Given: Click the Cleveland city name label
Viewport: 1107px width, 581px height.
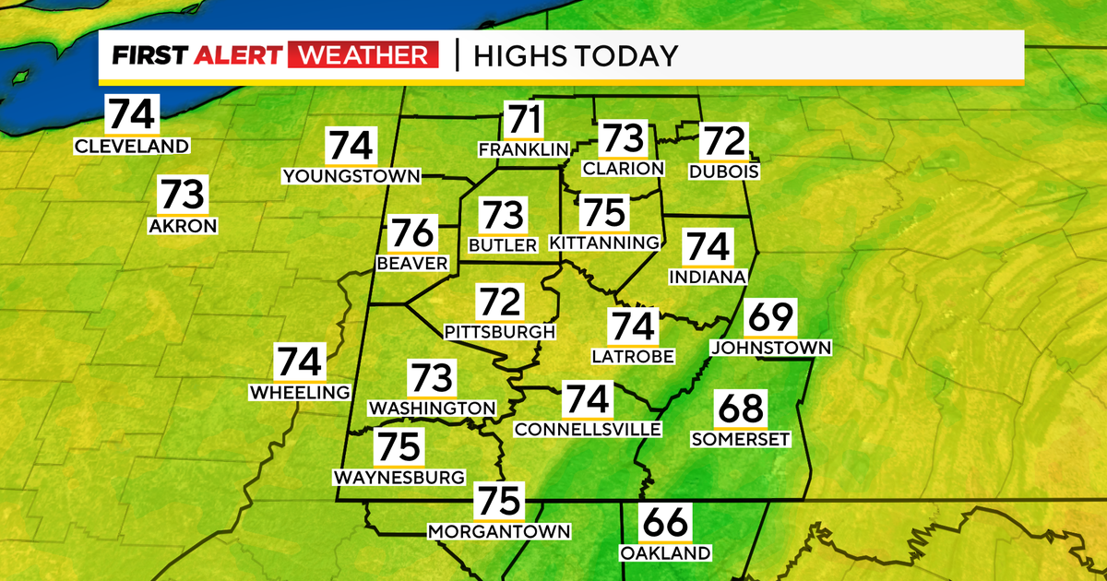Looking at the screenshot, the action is tap(132, 146).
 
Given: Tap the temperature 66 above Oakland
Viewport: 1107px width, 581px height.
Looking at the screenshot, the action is tap(665, 525).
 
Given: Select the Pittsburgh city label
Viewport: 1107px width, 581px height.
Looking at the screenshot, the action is tap(500, 331).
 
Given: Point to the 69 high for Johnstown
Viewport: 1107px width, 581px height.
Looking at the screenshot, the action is tap(770, 319).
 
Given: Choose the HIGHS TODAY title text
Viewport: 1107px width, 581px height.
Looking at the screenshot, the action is tap(576, 56).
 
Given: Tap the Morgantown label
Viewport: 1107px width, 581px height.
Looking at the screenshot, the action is tap(499, 531).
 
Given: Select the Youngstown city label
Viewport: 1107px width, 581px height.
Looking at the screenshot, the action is tap(351, 175).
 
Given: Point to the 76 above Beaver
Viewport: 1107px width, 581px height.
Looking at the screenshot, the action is tap(411, 234).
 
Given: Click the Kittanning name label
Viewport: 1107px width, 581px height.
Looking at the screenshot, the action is tap(605, 243).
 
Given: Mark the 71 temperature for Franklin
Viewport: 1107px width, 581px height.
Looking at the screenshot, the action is tap(523, 121).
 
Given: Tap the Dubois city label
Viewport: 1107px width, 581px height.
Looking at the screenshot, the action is tap(724, 171).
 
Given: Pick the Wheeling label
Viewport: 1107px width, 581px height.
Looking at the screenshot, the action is tap(300, 392).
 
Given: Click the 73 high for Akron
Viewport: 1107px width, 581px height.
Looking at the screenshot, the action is tap(183, 196).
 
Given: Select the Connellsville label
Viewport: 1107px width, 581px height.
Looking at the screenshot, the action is tap(588, 429).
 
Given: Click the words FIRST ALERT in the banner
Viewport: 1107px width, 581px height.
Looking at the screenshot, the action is tap(196, 56).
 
